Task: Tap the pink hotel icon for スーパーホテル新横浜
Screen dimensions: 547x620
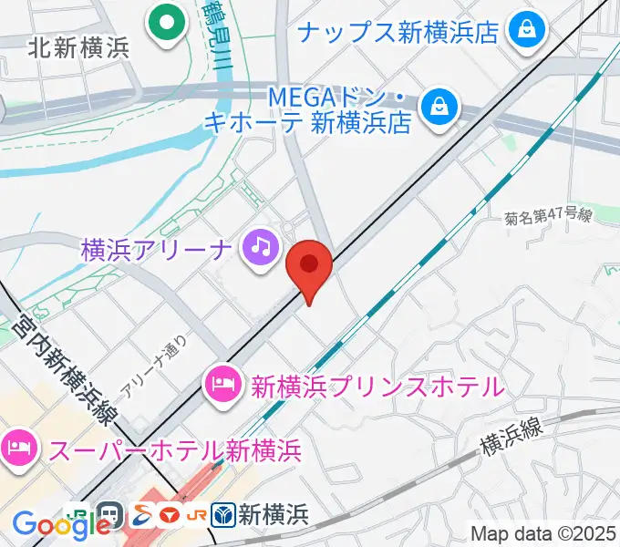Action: [x=18, y=448]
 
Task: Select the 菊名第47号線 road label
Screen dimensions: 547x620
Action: [x=548, y=217]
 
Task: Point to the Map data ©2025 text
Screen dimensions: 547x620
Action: [x=543, y=532]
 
